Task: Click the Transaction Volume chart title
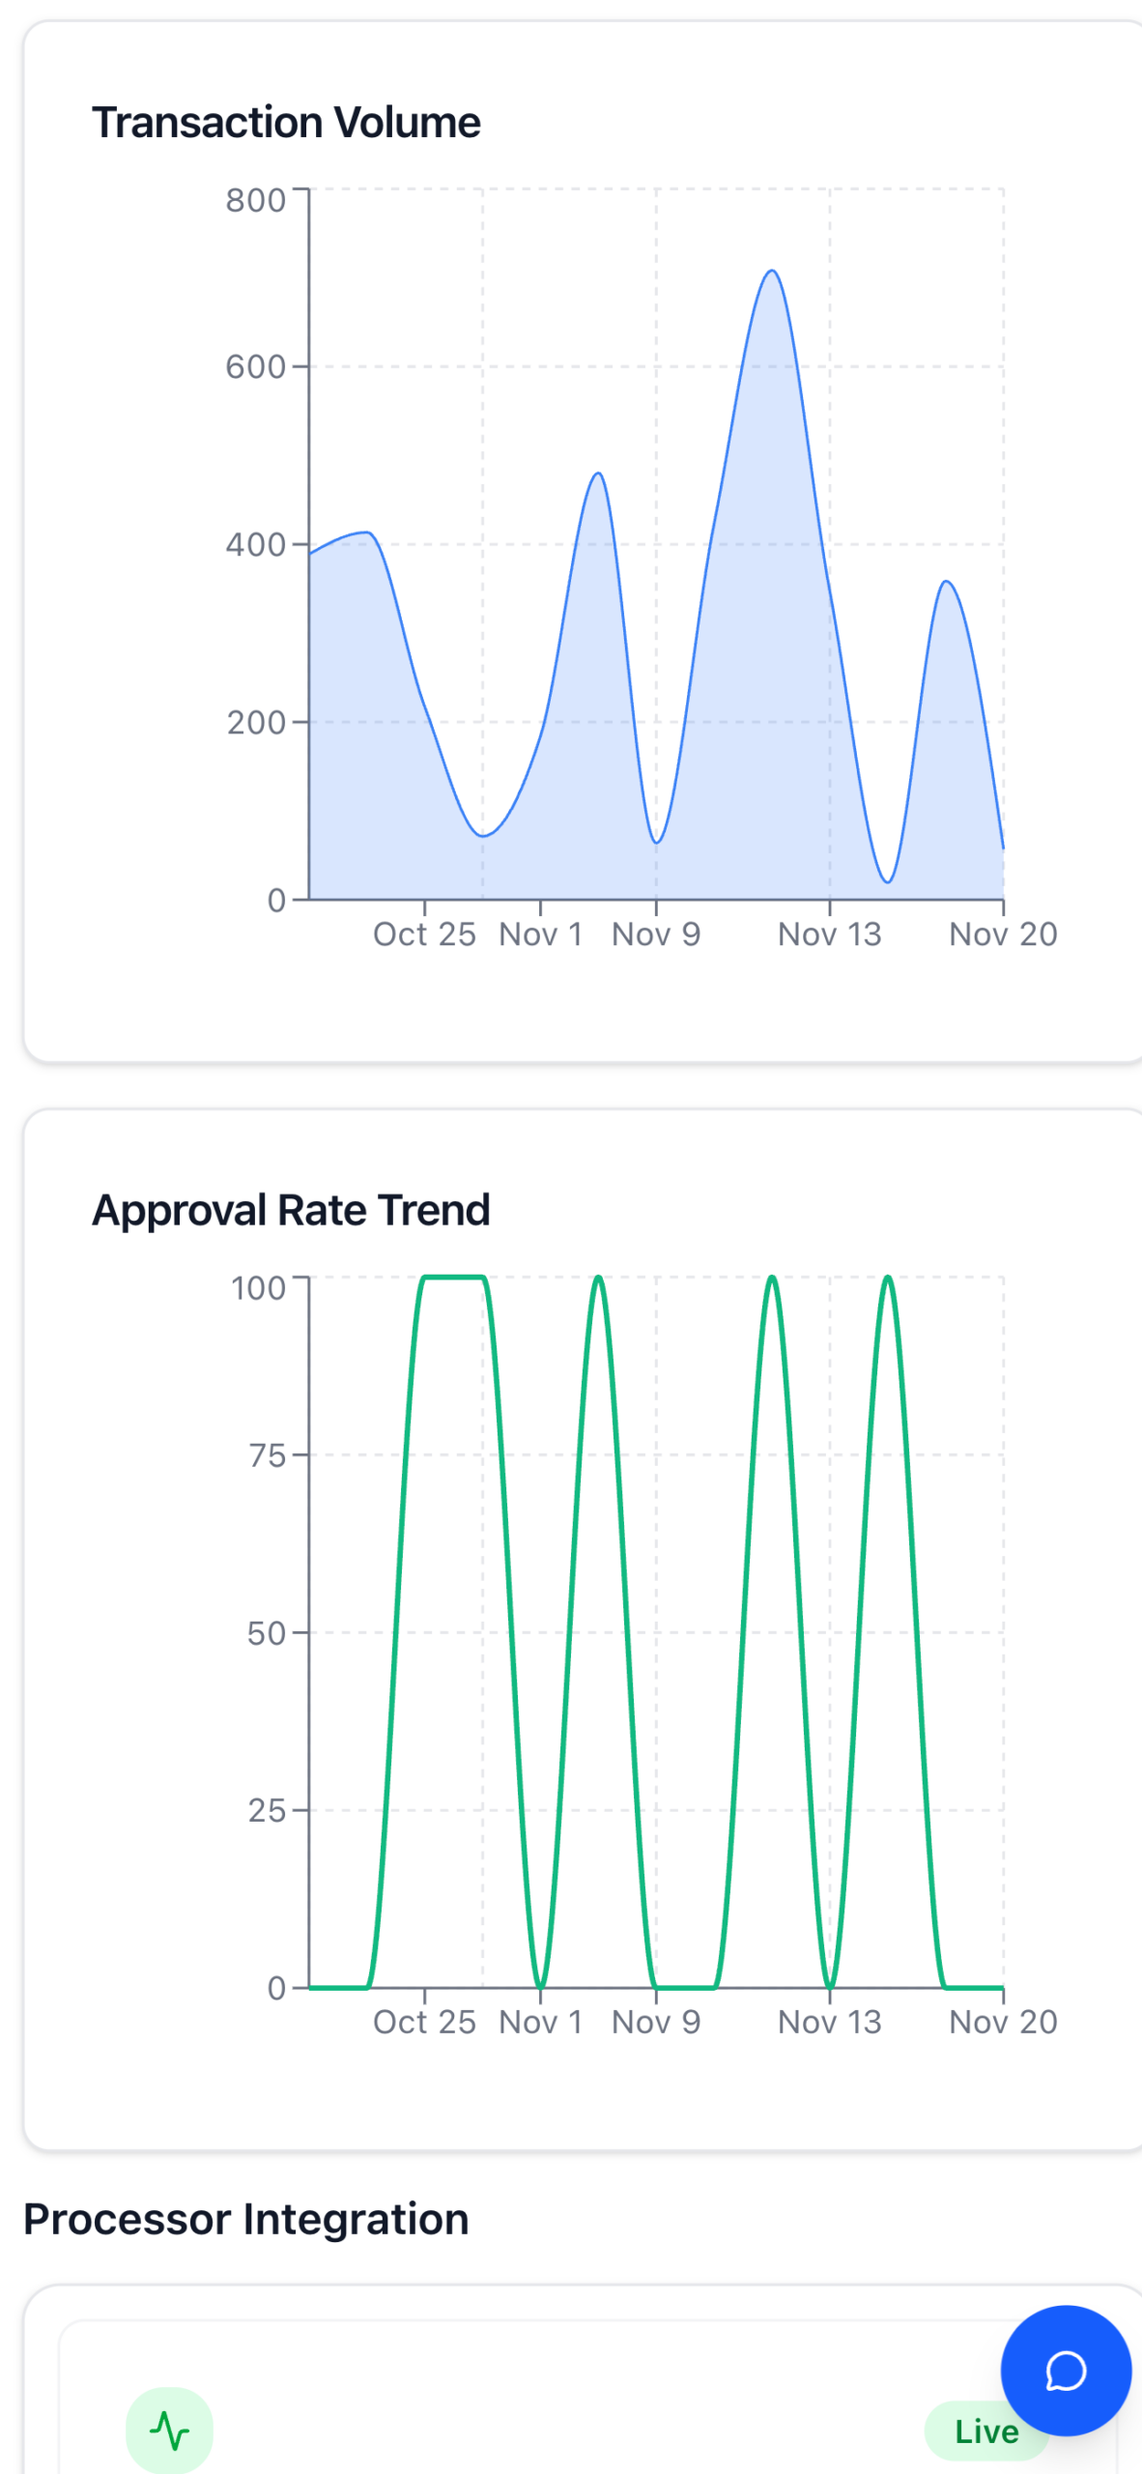pos(286,123)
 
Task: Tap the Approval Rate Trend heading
pos(291,1210)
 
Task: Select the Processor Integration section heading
pos(245,2219)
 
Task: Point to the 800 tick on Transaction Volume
pos(256,200)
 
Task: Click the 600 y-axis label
pos(256,367)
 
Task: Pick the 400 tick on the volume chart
pos(256,545)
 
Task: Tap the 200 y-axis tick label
pos(257,723)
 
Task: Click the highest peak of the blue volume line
pos(772,272)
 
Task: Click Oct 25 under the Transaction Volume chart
pos(424,935)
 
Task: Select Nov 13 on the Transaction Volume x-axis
pos(829,935)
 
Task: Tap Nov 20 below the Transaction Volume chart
pos(1003,935)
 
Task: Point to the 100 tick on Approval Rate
pos(259,1288)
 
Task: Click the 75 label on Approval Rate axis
pos(268,1455)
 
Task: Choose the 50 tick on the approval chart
pos(267,1633)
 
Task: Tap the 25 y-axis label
pos(267,1810)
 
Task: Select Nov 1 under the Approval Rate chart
pos(540,2022)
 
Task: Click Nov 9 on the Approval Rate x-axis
pos(656,2022)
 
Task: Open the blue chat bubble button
pos(1066,2371)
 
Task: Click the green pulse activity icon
pos(169,2431)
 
